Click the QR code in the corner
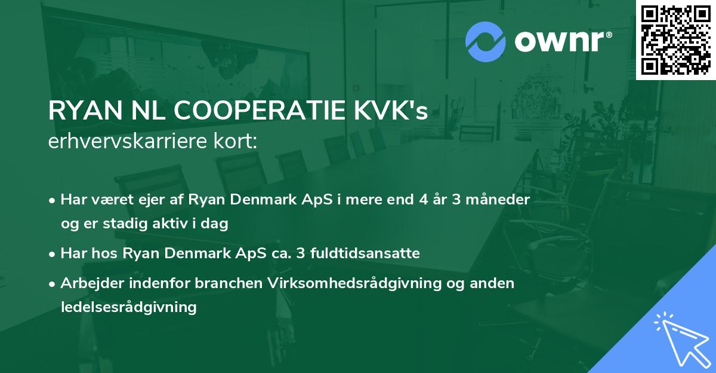tap(675, 39)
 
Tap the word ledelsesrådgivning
tap(128, 307)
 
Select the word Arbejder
tap(86, 283)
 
